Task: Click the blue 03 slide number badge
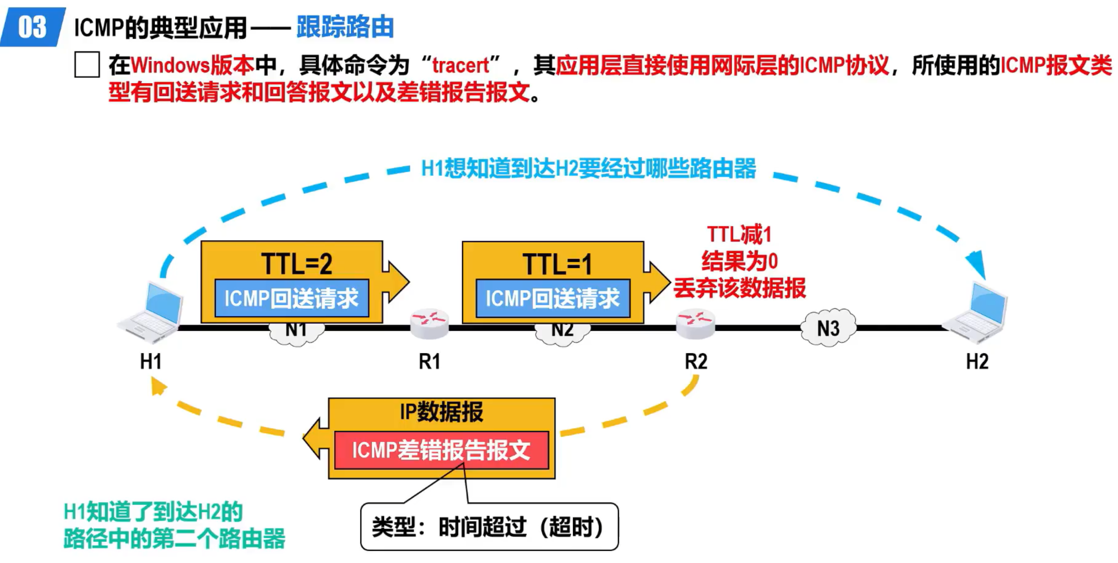point(32,27)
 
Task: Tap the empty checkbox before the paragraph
point(87,65)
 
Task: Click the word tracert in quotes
point(460,66)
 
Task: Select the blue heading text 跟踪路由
point(345,27)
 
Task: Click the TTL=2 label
point(296,264)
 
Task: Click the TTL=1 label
point(557,264)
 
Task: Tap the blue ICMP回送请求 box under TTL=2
point(292,298)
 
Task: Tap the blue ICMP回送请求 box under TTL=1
point(553,298)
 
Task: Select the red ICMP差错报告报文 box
point(441,450)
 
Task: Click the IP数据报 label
point(441,411)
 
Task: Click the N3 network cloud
point(828,328)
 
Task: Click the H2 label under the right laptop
point(977,361)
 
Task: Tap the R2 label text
point(696,361)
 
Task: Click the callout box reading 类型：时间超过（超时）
point(489,527)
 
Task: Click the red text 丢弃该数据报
point(739,288)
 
